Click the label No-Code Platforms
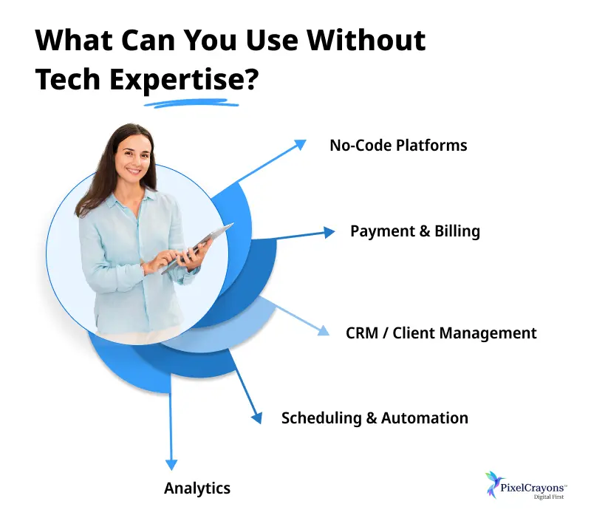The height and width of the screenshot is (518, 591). pyautogui.click(x=398, y=145)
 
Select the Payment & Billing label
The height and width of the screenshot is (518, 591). pyautogui.click(x=414, y=231)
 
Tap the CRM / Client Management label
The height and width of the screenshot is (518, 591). pyautogui.click(x=441, y=333)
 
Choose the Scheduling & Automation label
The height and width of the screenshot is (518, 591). pyautogui.click(x=375, y=418)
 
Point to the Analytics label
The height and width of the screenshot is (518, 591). pyautogui.click(x=197, y=488)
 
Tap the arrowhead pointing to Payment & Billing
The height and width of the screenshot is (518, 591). pyautogui.click(x=329, y=232)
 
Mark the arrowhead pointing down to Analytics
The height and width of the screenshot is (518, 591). pyautogui.click(x=171, y=463)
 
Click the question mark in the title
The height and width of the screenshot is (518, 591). pyautogui.click(x=251, y=80)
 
